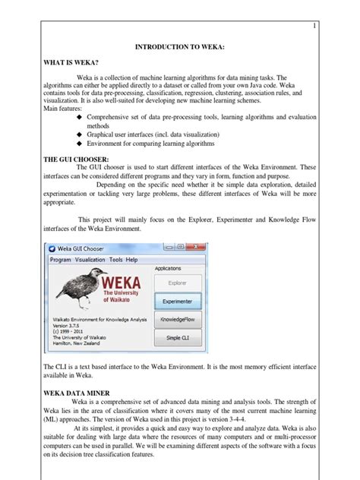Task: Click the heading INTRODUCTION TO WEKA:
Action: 180,48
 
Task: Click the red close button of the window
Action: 195,248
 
